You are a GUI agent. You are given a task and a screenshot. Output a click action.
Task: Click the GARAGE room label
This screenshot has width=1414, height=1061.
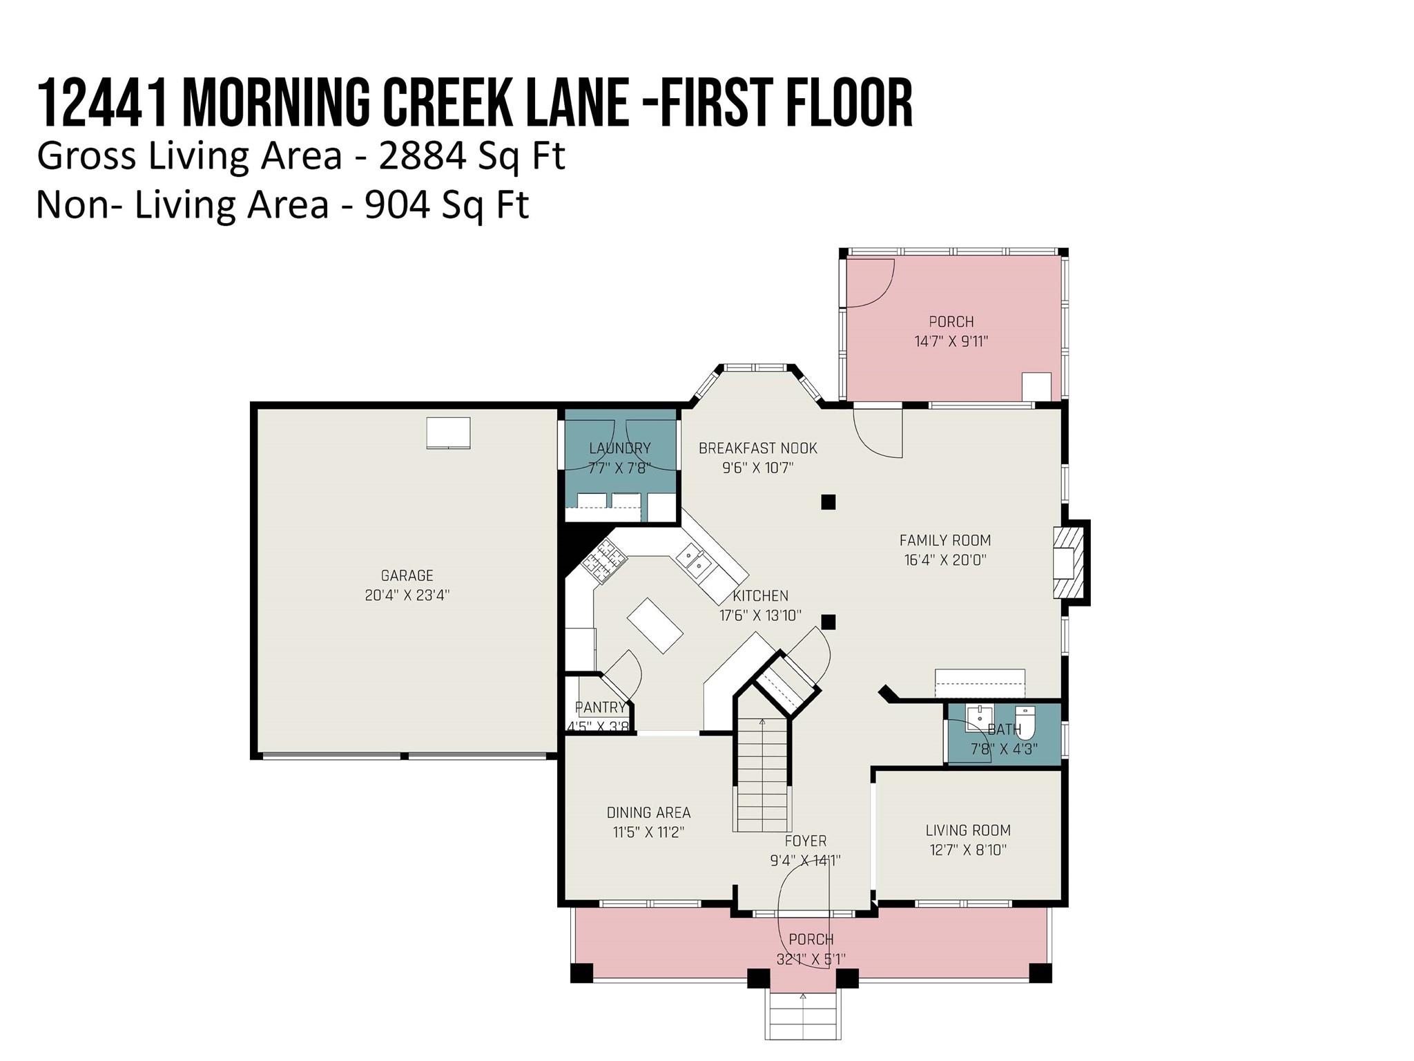tap(407, 575)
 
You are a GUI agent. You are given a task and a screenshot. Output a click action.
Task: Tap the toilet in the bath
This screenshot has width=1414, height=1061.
tap(1025, 722)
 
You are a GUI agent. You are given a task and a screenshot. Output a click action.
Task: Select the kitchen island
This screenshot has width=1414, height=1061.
tap(655, 626)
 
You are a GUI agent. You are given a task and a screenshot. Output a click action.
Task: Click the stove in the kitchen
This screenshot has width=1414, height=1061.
tap(604, 560)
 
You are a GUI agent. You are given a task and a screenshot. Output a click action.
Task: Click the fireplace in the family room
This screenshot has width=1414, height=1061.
tap(1068, 563)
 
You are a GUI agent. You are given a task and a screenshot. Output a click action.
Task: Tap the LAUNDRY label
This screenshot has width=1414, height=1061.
tap(620, 448)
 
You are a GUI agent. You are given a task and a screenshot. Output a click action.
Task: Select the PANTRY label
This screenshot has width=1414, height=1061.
tap(600, 707)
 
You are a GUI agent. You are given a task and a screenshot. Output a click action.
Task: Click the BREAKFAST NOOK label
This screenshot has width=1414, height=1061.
tap(758, 448)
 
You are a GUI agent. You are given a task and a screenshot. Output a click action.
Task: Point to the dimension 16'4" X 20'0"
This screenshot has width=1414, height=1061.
tap(945, 560)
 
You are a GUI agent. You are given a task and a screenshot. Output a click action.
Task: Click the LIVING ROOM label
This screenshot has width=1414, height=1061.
tap(968, 830)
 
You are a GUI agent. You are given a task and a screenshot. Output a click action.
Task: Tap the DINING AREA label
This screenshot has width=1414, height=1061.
tap(648, 812)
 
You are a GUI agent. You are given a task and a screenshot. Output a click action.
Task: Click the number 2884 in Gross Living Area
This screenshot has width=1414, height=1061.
tap(421, 156)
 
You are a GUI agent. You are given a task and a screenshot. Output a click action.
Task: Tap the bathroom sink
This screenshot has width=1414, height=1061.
tap(978, 719)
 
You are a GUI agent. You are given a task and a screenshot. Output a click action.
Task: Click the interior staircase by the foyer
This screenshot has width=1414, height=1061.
tap(762, 774)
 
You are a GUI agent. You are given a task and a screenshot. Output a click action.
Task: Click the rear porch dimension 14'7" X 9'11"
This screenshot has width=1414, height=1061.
tap(951, 341)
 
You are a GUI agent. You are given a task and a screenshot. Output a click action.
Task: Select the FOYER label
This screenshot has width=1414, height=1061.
tap(806, 841)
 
